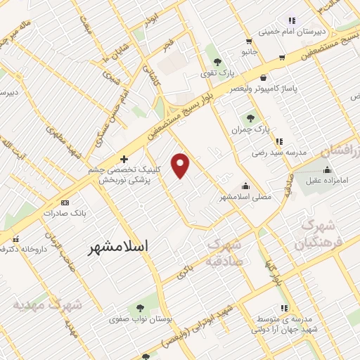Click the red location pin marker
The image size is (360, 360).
pyautogui.click(x=181, y=165)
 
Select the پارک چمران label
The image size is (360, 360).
pyautogui.click(x=252, y=130)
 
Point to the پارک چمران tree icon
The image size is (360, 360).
pyautogui.click(x=250, y=117)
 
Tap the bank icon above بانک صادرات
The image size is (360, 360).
pyautogui.click(x=65, y=202)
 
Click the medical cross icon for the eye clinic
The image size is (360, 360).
pyautogui.click(x=124, y=160)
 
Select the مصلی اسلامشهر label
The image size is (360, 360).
pyautogui.click(x=245, y=197)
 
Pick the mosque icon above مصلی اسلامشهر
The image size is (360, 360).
pyautogui.click(x=245, y=186)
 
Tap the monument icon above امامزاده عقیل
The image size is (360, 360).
pyautogui.click(x=327, y=169)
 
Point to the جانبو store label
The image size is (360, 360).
pyautogui.click(x=250, y=52)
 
